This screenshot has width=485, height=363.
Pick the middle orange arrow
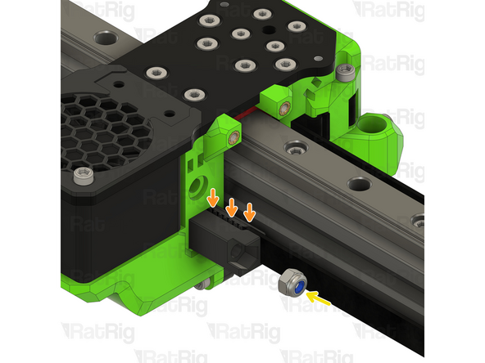(231, 206)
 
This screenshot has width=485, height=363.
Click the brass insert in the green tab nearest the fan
(235, 137)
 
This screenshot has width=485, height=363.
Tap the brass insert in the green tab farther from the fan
(283, 107)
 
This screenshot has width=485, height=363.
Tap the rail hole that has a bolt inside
(419, 220)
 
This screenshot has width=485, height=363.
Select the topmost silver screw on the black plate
(262, 14)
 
